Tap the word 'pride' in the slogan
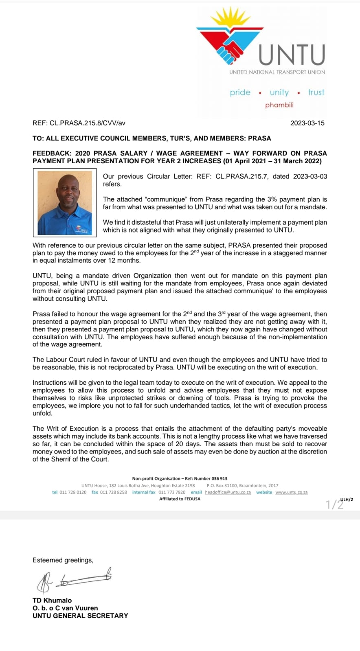[x=240, y=92]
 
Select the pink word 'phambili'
[x=279, y=105]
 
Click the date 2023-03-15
[x=307, y=123]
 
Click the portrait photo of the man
[x=65, y=203]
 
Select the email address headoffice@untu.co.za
[x=228, y=492]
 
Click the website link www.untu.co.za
[x=291, y=492]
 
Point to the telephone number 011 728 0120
[x=73, y=492]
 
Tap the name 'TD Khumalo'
[x=52, y=600]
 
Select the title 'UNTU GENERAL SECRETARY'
[x=80, y=616]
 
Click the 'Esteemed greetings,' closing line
[x=63, y=560]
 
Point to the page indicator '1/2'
[x=334, y=505]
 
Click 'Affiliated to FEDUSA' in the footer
[x=180, y=499]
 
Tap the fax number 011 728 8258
[x=113, y=492]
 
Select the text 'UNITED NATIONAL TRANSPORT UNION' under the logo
[x=277, y=72]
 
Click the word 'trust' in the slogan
[x=316, y=92]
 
